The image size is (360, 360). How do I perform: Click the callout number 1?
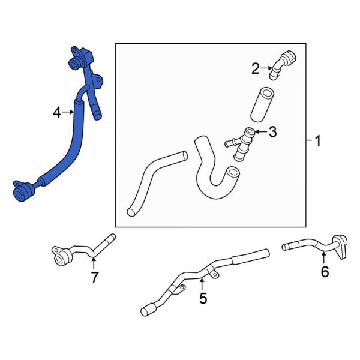pos(318,142)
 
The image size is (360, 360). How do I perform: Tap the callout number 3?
pos(272,132)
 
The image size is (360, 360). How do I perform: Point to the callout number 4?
pos(57,112)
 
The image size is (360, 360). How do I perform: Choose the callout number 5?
pos(203,297)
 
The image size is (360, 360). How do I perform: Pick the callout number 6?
pos(325,272)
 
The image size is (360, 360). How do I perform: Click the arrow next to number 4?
pos(67,112)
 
